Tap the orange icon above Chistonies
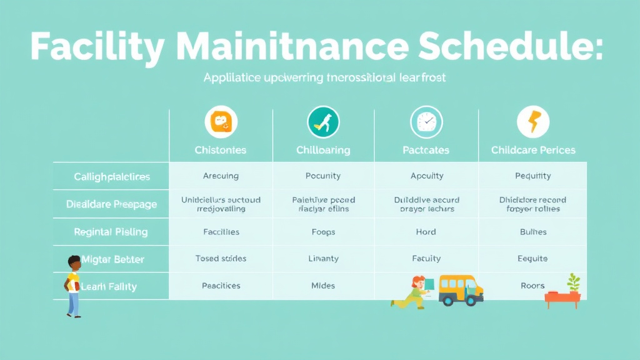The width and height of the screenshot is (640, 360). [221, 122]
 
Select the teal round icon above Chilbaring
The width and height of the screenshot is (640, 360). [323, 122]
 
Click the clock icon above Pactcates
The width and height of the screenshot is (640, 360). [426, 122]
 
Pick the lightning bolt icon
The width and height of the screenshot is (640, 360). [533, 122]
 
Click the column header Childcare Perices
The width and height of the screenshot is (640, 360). [533, 150]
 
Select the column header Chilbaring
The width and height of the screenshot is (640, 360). [323, 150]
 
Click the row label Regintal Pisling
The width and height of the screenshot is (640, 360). [111, 232]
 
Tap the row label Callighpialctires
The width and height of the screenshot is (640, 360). [112, 177]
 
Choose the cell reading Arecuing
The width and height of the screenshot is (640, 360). [221, 176]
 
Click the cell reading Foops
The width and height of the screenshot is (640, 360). [323, 232]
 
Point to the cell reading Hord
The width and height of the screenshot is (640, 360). [426, 232]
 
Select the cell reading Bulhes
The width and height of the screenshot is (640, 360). [533, 232]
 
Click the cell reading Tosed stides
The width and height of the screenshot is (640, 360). [221, 258]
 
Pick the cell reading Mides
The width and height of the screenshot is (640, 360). [323, 286]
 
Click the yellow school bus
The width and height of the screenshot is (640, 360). [460, 290]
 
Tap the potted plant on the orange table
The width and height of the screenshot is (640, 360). [573, 282]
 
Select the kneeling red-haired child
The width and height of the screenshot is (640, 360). [412, 292]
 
